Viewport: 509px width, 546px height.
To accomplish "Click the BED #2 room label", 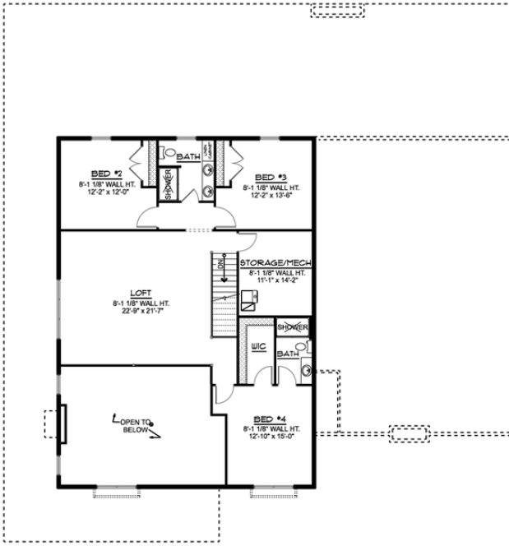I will click(x=106, y=174).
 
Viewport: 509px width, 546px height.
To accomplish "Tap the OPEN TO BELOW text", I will click(x=136, y=425).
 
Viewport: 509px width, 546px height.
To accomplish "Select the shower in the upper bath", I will click(x=168, y=185).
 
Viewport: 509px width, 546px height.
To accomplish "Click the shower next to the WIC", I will click(x=293, y=327).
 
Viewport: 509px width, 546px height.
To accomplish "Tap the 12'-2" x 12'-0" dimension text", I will click(x=106, y=192).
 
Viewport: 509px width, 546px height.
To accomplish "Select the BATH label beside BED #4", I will click(x=287, y=354).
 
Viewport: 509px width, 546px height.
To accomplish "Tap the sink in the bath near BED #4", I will click(x=305, y=372).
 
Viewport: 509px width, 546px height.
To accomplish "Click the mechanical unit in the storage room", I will click(x=248, y=300).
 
